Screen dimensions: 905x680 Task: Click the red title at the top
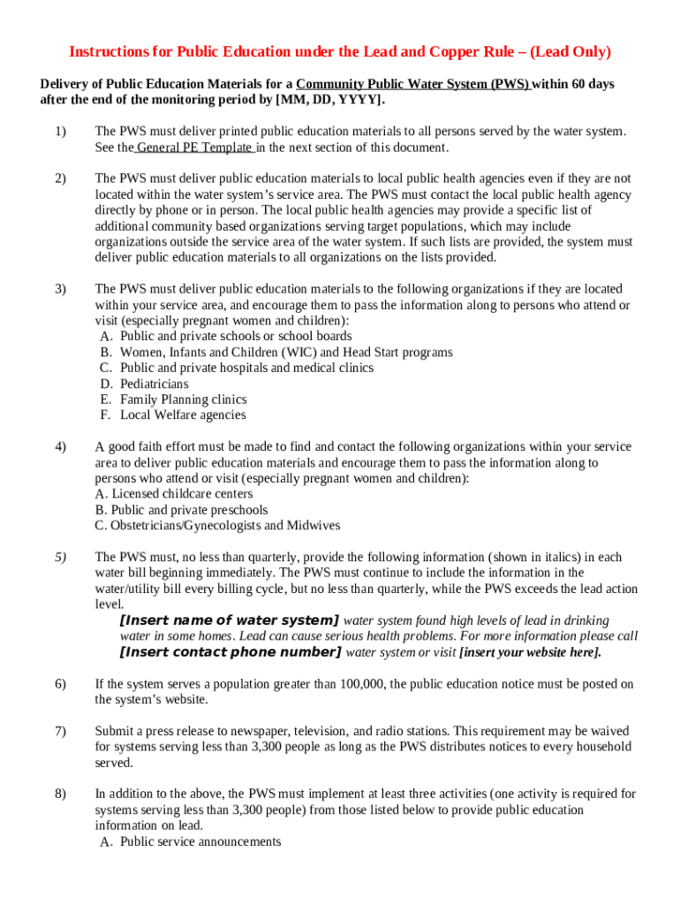pos(340,52)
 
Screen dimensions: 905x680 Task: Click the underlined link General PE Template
pos(195,148)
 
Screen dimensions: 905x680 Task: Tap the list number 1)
pos(59,132)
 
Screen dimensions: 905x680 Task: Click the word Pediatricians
pos(155,384)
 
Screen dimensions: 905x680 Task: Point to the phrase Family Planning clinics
pos(184,399)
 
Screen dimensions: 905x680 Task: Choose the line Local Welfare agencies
pos(184,415)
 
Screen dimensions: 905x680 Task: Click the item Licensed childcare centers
pos(182,494)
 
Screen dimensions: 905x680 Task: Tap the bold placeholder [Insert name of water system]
pos(229,620)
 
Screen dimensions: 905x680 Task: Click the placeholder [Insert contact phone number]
pos(230,652)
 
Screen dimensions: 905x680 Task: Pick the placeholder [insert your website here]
pos(530,653)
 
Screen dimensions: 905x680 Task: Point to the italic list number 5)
pos(59,557)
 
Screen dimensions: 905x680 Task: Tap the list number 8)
pos(59,794)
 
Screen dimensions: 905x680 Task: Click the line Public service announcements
pos(200,841)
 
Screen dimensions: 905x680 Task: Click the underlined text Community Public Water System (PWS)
pos(413,84)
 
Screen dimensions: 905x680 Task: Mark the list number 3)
pos(59,289)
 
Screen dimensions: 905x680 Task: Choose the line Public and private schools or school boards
pos(236,337)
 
